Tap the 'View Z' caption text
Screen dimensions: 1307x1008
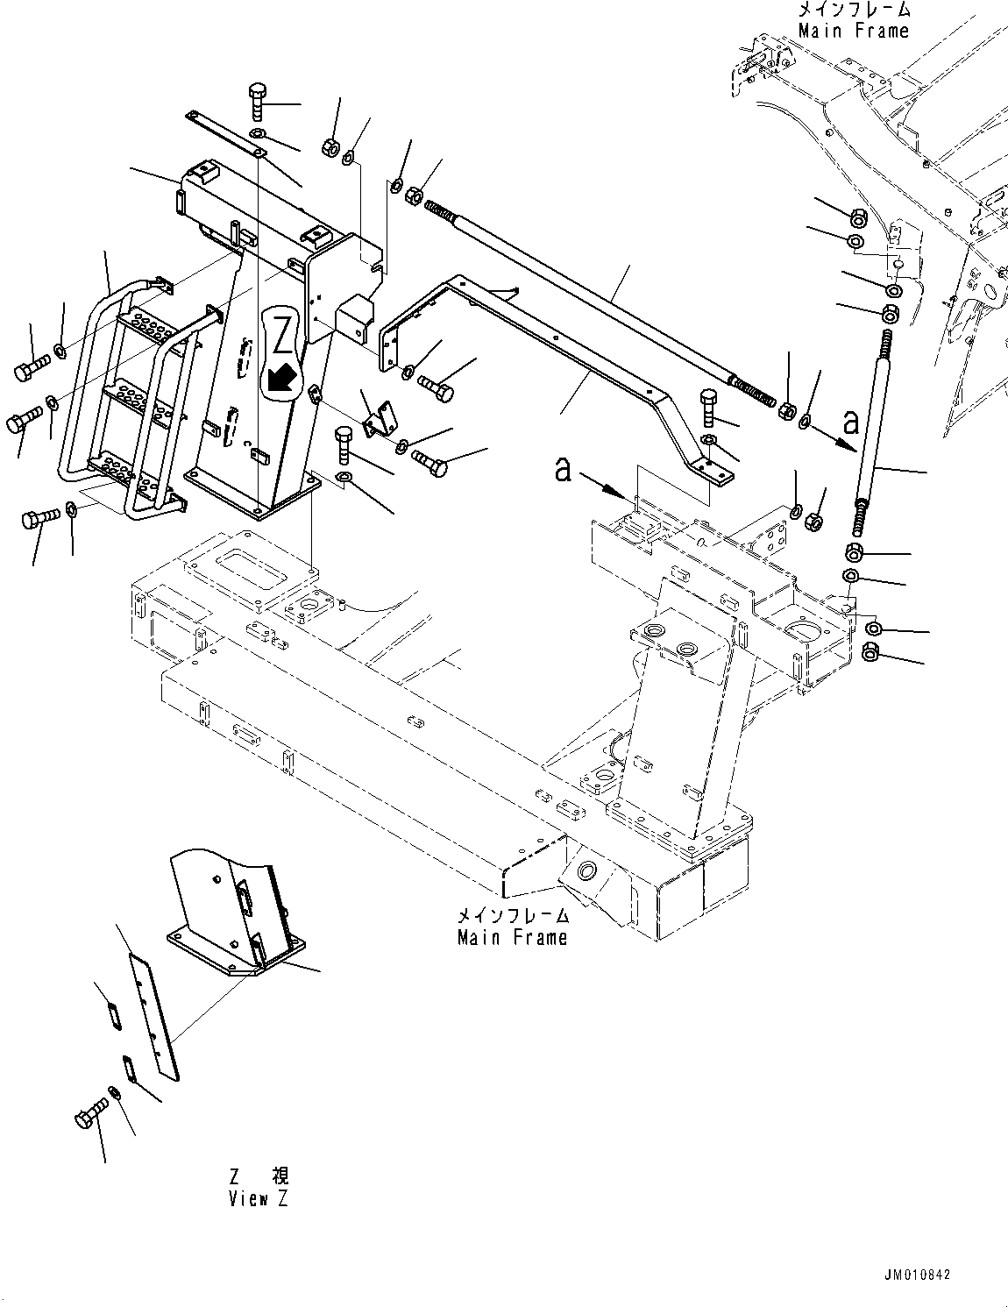pyautogui.click(x=258, y=1200)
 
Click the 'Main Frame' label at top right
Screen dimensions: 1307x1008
pyautogui.click(x=853, y=31)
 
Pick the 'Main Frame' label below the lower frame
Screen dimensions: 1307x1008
pyautogui.click(x=512, y=937)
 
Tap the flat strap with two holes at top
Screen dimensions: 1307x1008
pyautogui.click(x=224, y=134)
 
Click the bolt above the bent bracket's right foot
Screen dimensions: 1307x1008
pyautogui.click(x=709, y=409)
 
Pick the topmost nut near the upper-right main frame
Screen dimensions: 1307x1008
pyautogui.click(x=859, y=217)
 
